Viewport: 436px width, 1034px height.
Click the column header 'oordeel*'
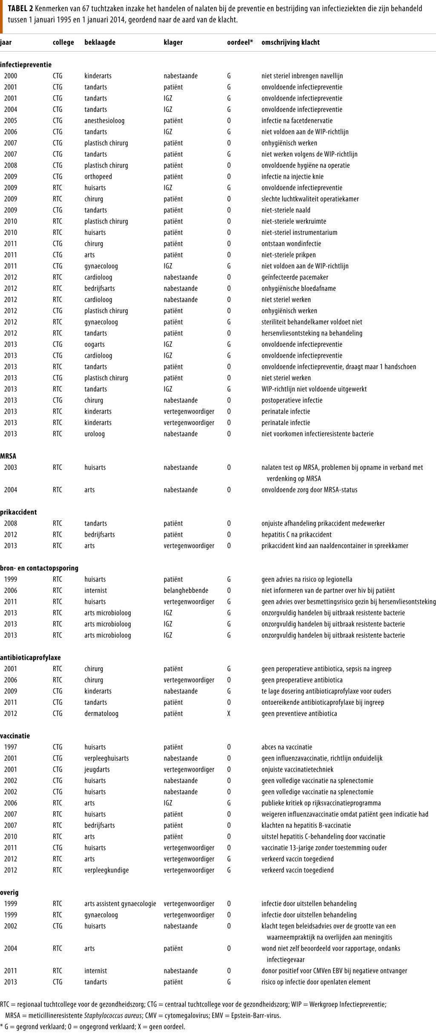[240, 43]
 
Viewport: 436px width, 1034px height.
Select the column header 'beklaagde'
[100, 43]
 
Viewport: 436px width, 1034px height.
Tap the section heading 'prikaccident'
[18, 512]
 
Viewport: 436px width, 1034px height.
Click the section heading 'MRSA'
[8, 456]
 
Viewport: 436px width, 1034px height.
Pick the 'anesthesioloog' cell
[104, 121]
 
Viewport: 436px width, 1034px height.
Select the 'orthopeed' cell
[98, 176]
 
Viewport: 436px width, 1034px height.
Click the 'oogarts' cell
[94, 344]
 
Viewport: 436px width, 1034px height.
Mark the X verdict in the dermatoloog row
[229, 713]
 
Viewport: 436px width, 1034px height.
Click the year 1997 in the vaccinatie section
[11, 747]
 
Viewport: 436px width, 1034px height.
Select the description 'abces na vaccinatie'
[287, 747]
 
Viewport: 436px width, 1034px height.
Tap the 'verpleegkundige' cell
[106, 870]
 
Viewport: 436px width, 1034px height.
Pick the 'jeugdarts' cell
[97, 769]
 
